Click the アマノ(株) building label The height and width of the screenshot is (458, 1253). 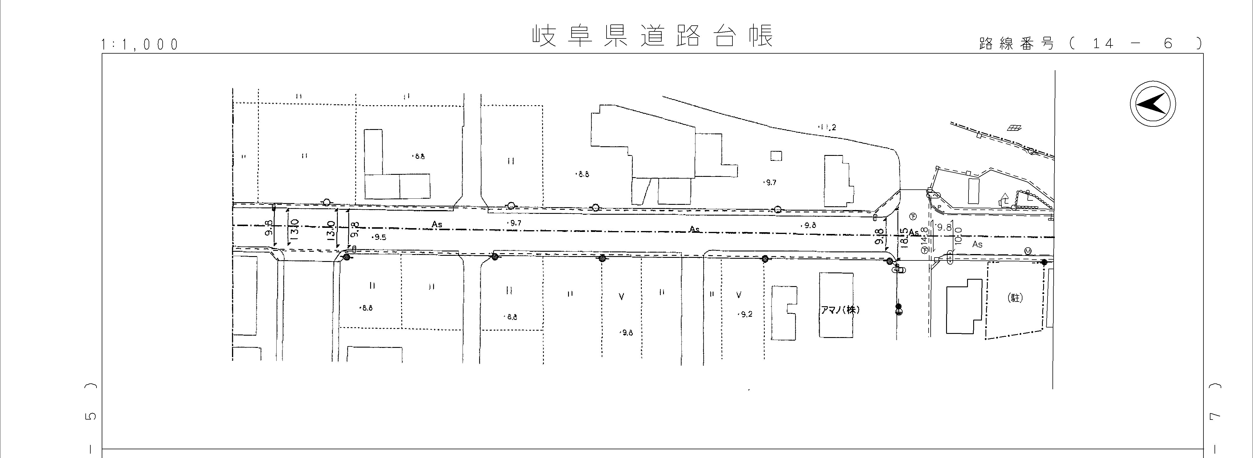840,310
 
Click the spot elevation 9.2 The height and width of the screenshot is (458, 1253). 745,314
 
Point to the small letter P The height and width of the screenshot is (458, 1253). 939,207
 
